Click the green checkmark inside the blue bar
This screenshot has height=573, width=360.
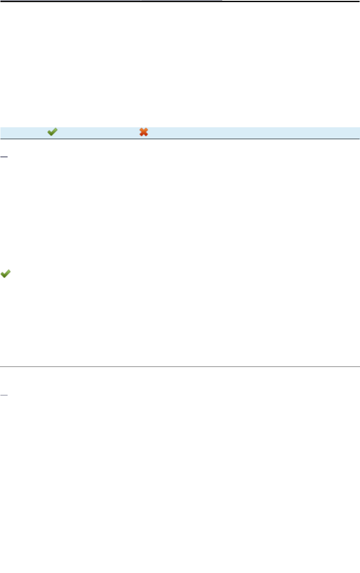[x=52, y=132]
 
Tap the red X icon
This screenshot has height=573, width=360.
[x=144, y=132]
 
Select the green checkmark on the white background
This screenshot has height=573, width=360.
[x=5, y=274]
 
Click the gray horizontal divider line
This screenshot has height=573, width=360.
[x=180, y=366]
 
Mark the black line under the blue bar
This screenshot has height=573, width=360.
[x=180, y=139]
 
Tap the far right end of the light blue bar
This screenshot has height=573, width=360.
[x=358, y=132]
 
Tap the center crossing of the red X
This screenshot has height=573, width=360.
[x=144, y=132]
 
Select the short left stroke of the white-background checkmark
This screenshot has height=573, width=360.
[x=3, y=275]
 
